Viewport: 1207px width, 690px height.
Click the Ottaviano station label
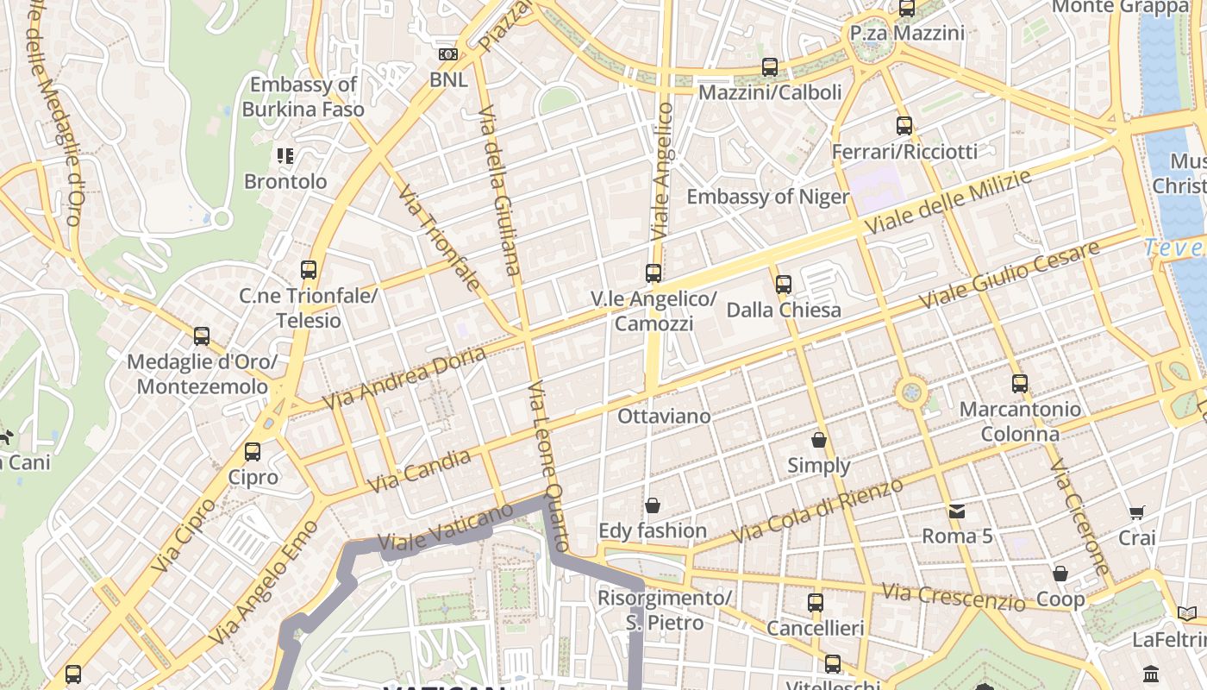coord(664,417)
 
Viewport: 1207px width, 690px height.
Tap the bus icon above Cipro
coord(253,451)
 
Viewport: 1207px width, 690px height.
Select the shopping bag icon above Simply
coord(819,440)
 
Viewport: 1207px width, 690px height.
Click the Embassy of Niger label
coord(767,197)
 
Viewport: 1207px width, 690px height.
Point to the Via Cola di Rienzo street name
coord(817,511)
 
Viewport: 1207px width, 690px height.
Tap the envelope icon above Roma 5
coord(957,511)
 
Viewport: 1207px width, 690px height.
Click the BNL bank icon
coord(448,54)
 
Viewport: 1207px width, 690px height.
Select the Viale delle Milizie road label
coord(949,203)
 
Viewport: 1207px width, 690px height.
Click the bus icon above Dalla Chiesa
coord(783,284)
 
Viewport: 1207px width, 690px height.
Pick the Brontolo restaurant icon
coord(285,156)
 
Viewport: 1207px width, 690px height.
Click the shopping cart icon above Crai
coord(1137,512)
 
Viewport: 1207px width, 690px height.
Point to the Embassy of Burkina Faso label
coord(303,97)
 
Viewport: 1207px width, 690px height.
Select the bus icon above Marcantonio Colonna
coord(1020,383)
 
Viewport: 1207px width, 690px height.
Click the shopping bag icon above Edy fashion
coord(653,505)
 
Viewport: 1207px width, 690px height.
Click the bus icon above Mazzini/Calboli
coord(770,66)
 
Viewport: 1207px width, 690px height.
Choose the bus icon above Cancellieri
coord(816,602)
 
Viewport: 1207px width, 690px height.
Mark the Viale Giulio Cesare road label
coord(1010,275)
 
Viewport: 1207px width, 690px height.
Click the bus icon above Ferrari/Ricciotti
coord(904,125)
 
